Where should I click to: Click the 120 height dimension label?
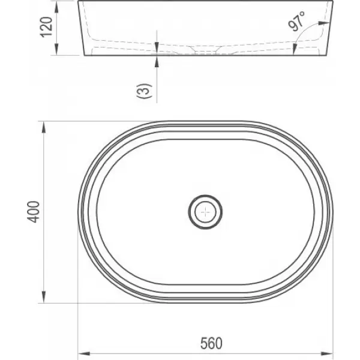[x=46, y=27]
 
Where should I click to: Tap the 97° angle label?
[x=296, y=21]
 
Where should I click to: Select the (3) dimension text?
[x=145, y=91]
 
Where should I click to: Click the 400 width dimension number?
[x=34, y=212]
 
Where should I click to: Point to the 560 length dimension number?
[x=211, y=343]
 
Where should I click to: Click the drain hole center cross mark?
[x=205, y=212]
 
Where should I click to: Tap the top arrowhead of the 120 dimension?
[x=56, y=7]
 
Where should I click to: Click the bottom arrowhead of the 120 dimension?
[x=56, y=50]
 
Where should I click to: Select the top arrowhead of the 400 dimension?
[x=43, y=127]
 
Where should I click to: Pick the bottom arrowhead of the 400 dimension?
[x=43, y=297]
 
